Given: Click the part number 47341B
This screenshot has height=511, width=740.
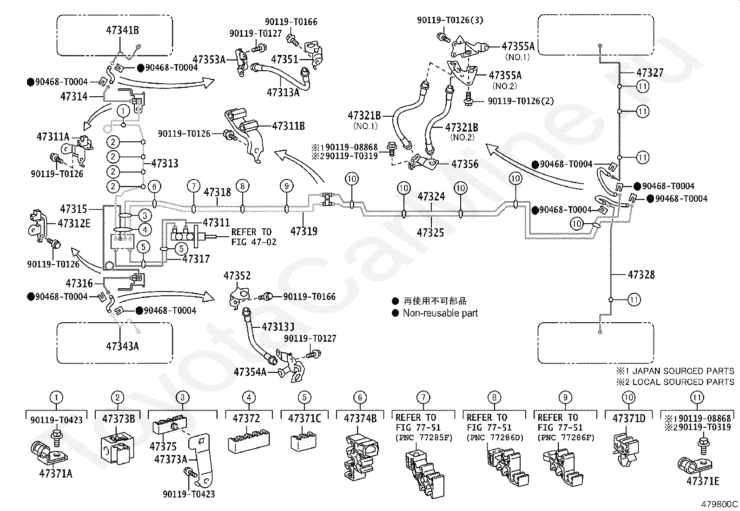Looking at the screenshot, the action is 122,30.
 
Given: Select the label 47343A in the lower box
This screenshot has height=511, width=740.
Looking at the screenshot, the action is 122,346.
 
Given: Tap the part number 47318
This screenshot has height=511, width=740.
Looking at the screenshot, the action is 217,192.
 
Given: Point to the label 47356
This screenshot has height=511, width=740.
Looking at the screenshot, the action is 464,164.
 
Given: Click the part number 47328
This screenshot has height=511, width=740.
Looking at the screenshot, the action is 641,274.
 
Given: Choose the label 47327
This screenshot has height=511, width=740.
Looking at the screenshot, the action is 650,73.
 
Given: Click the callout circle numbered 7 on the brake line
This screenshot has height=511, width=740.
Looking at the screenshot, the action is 193,186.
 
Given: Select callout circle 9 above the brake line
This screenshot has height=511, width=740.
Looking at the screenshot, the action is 286,186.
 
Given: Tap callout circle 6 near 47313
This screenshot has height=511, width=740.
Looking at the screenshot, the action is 154,186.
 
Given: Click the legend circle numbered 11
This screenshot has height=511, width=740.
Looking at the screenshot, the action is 697,397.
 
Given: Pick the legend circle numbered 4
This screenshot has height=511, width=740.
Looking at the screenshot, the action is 249,397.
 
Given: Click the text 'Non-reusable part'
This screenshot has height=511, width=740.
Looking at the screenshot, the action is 440,313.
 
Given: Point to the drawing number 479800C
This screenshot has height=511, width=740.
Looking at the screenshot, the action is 720,504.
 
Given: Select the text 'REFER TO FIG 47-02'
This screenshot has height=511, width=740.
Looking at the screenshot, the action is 253,237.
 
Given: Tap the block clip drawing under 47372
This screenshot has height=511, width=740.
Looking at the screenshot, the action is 248,441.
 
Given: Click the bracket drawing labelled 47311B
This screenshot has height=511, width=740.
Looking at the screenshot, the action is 244,134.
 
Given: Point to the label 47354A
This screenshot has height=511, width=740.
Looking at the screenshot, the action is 250,372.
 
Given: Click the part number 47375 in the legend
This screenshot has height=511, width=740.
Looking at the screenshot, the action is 163,446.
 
